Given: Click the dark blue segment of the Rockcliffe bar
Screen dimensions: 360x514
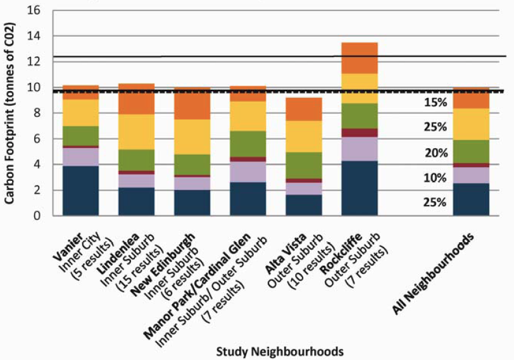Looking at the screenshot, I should point(359,188).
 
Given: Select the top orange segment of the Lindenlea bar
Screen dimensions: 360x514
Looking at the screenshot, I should point(137,99).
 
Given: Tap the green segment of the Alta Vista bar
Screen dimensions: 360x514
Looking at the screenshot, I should point(303,165).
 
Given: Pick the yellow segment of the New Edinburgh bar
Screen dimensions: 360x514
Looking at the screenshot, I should point(192,137).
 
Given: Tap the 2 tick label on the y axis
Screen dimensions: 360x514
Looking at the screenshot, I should point(37,190).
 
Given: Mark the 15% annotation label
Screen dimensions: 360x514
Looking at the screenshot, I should point(436,102).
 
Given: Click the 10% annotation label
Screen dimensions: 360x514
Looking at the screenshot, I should point(436,178).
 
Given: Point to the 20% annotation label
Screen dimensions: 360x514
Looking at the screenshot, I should point(436,153).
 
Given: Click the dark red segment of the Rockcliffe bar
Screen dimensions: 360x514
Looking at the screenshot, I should point(359,133).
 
